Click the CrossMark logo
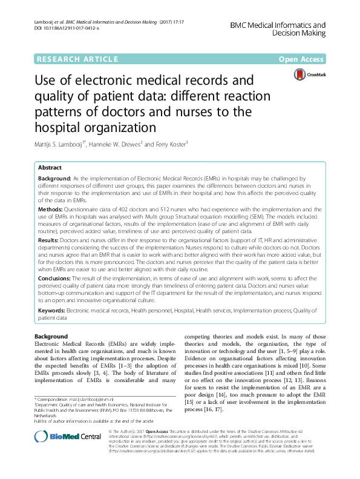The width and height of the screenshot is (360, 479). (x=309, y=75)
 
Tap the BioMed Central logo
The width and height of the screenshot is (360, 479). (x=61, y=454)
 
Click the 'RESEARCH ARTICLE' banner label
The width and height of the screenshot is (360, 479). (x=77, y=59)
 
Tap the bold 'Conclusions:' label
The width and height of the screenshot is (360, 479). (x=59, y=279)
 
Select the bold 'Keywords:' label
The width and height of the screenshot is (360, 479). (x=54, y=310)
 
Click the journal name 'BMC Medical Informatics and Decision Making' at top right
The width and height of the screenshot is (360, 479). (x=278, y=30)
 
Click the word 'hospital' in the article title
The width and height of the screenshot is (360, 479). (x=59, y=128)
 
